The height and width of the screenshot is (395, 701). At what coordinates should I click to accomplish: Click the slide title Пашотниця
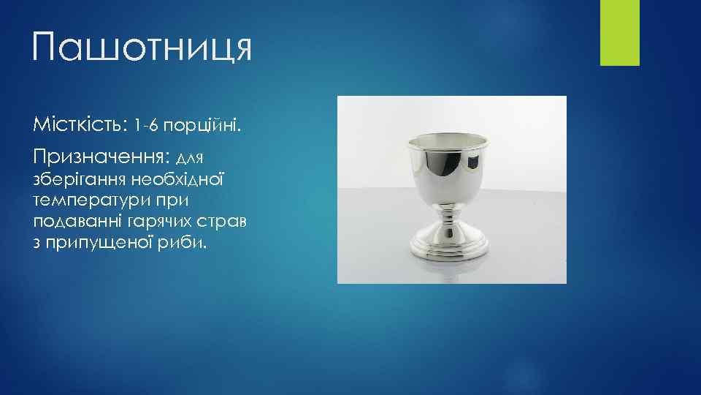pyautogui.click(x=142, y=48)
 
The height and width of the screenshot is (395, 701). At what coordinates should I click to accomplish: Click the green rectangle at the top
pyautogui.click(x=619, y=32)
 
